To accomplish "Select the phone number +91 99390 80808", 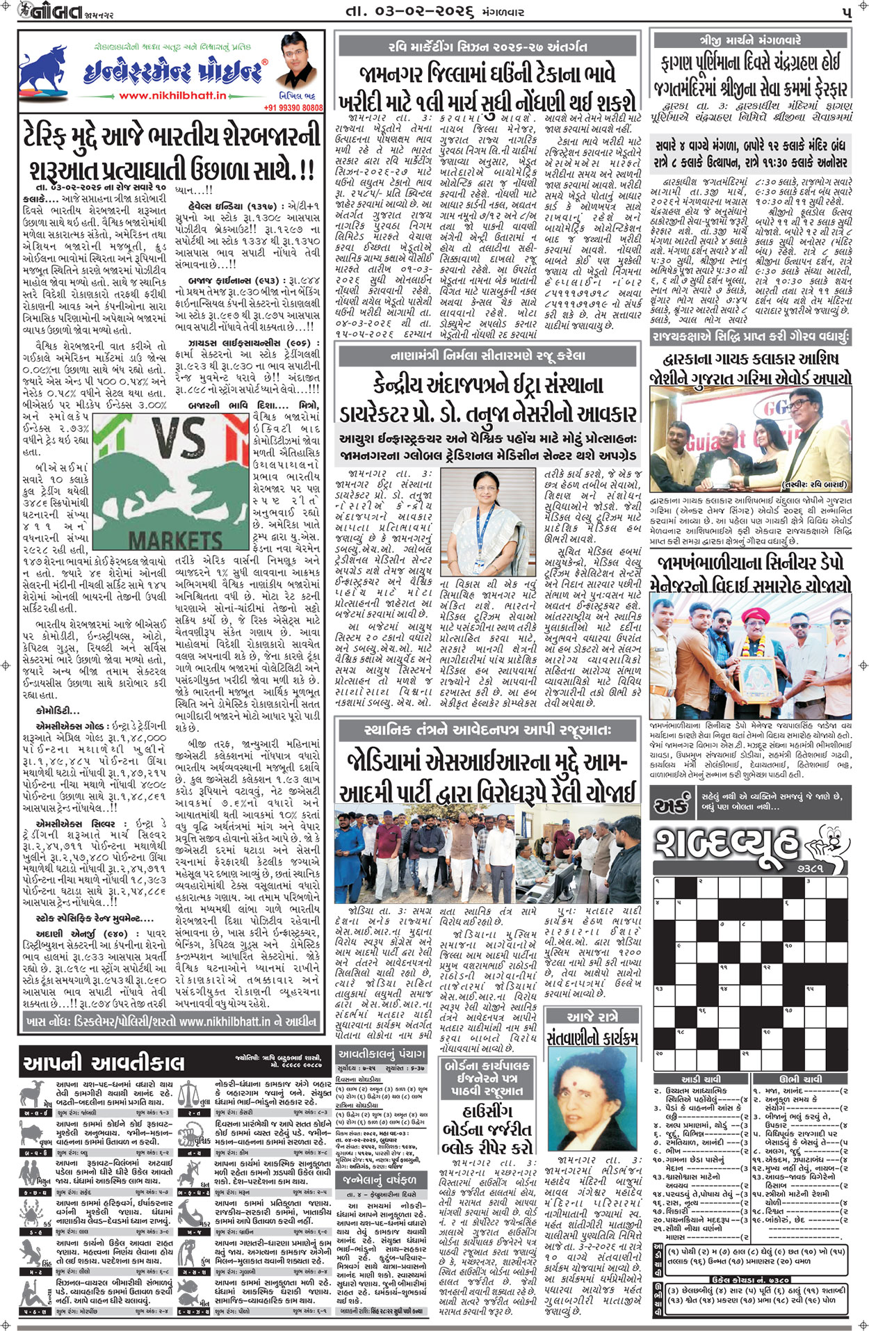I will pos(293,108).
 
